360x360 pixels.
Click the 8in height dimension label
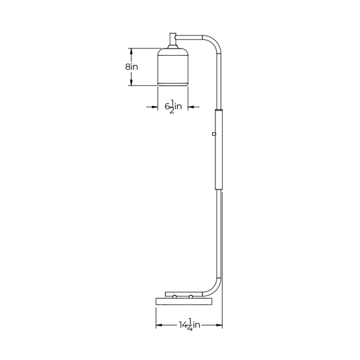pyautogui.click(x=131, y=67)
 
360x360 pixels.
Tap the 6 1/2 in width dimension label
pyautogui.click(x=173, y=106)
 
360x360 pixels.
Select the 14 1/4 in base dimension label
pyautogui.click(x=190, y=325)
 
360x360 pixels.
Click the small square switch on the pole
pyautogui.click(x=214, y=134)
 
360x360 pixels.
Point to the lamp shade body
pyautogui.click(x=173, y=67)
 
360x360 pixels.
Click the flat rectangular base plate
pyautogui.click(x=184, y=301)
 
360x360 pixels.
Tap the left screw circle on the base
pyautogui.click(x=175, y=297)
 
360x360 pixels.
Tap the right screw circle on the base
pyautogui.click(x=191, y=297)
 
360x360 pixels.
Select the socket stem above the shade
pyautogui.click(x=173, y=41)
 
